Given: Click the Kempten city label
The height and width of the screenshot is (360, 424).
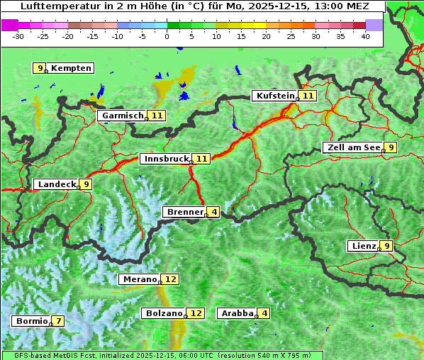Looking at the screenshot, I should point(72,68).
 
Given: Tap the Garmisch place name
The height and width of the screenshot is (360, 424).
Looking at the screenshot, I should point(121,116).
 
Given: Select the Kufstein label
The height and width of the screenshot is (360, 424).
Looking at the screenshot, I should point(275,96).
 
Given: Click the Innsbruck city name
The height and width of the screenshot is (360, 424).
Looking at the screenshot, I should point(166,159).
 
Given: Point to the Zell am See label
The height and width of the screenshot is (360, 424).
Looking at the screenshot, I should point(352,147).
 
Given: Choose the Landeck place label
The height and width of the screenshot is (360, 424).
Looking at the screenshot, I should point(56,184).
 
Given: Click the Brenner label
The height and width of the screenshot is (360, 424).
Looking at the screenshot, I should point(184,212).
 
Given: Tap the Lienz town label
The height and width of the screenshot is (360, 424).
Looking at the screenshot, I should point(362,246).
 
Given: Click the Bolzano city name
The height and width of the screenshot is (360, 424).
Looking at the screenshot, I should point(164,313).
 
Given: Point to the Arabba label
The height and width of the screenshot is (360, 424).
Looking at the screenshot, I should point(237,313).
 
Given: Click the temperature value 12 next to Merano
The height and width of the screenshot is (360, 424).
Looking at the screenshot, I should point(171,279).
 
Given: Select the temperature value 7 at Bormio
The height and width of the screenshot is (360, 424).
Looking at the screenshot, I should point(59,321).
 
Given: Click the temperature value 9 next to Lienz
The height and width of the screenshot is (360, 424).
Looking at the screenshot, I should point(386,246).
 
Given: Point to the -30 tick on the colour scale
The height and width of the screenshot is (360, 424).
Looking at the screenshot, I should point(18,35).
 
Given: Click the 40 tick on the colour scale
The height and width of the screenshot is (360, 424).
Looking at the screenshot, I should point(364,35).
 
